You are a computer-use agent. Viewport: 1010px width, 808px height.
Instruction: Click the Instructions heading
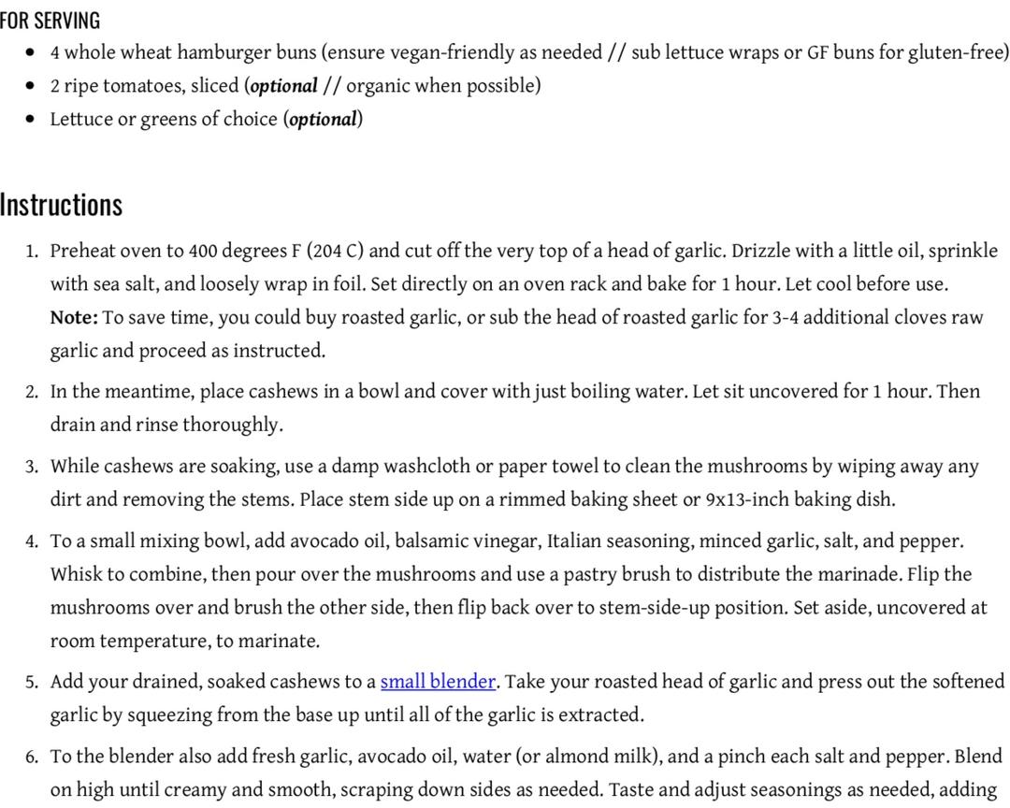point(61,205)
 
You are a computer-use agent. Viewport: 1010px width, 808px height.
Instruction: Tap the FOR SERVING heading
point(50,20)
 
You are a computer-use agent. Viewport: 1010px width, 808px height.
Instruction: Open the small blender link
point(437,682)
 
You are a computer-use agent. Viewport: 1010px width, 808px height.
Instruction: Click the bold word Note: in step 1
point(74,318)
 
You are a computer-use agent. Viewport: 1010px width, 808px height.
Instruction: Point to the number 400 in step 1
point(203,252)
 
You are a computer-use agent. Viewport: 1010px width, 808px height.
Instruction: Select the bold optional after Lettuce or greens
point(323,120)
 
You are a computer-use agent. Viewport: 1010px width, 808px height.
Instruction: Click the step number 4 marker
point(32,542)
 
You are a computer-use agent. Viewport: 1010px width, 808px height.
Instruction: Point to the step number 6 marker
point(32,757)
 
